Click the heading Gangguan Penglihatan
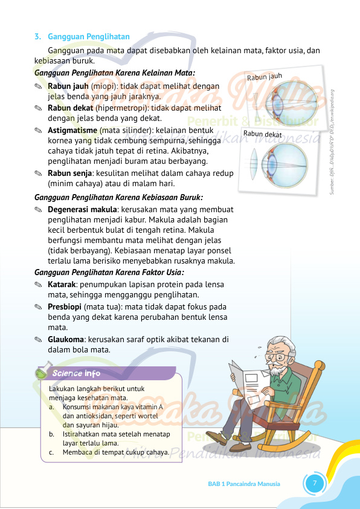[88, 37]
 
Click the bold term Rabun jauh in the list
[68, 86]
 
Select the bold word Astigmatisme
[72, 130]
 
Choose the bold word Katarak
[62, 285]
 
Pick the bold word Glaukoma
[66, 339]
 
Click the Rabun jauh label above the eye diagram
[265, 77]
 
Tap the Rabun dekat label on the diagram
[263, 134]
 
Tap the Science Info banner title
[76, 374]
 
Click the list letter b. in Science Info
[53, 434]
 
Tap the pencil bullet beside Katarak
[39, 285]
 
